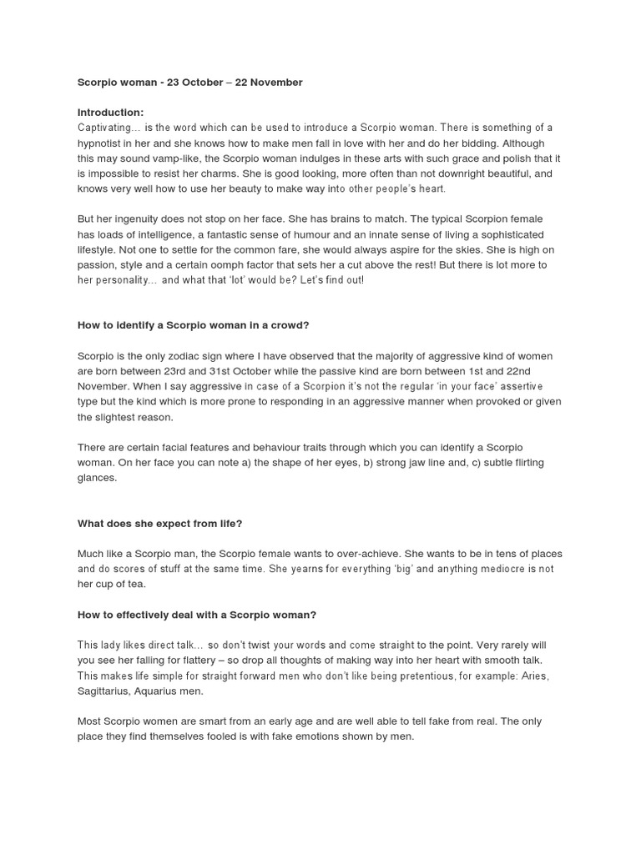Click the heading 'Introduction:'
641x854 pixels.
pos(110,113)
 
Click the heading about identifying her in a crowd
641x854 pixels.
pos(193,325)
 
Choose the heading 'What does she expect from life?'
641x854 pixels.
pos(159,524)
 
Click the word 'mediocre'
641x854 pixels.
pos(504,569)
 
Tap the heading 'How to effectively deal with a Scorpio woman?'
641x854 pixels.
pos(197,615)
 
